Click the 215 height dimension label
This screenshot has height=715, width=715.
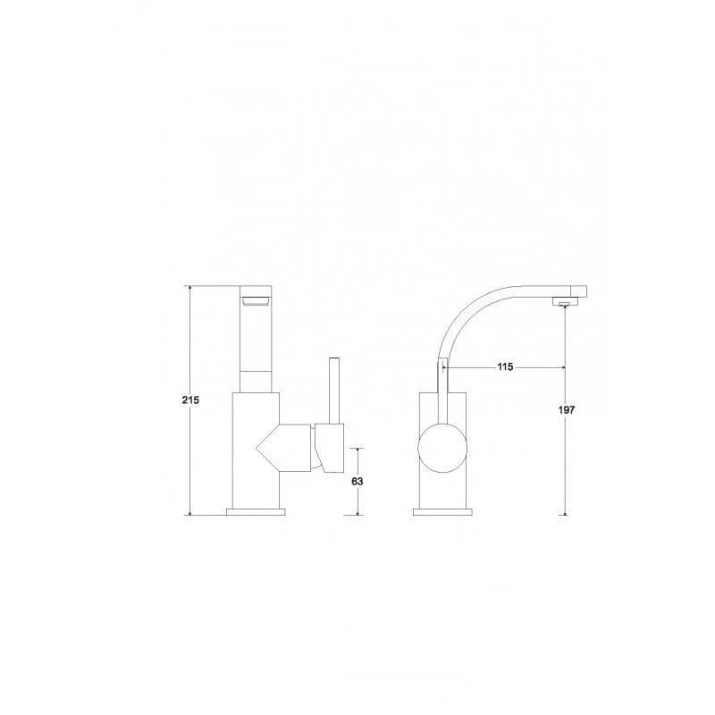pyautogui.click(x=190, y=400)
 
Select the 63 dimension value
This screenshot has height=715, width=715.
pyautogui.click(x=357, y=481)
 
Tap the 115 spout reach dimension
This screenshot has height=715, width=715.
pyautogui.click(x=505, y=366)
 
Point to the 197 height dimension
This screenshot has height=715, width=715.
pyautogui.click(x=567, y=410)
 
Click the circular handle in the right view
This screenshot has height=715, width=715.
pyautogui.click(x=442, y=449)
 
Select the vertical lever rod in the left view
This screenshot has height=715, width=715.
pyautogui.click(x=335, y=391)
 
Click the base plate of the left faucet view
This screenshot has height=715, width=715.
pyautogui.click(x=256, y=511)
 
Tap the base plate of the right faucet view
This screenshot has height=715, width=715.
pyautogui.click(x=442, y=511)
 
